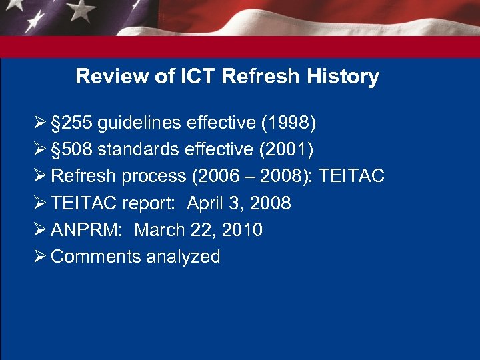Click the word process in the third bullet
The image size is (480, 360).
click(158, 177)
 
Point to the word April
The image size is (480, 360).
click(207, 203)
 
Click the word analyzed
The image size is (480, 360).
click(181, 257)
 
